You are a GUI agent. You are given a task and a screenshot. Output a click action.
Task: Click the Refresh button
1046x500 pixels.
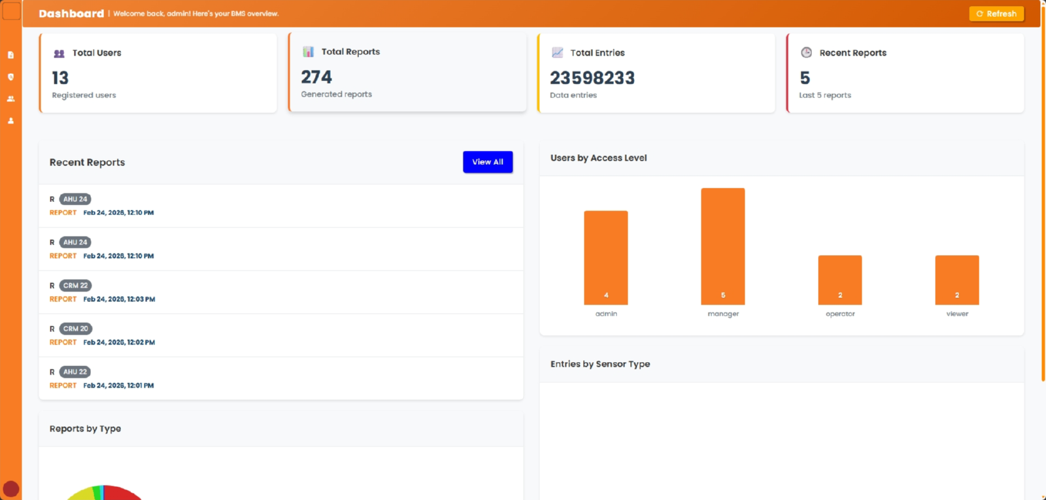click(x=996, y=14)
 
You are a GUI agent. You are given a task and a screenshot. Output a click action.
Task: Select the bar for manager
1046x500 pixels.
click(x=723, y=246)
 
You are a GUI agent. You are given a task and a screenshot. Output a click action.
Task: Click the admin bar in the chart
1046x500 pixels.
click(x=605, y=258)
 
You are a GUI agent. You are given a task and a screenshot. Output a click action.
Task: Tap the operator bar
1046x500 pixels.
click(x=839, y=280)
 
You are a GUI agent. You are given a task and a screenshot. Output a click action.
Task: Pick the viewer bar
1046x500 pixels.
click(x=957, y=280)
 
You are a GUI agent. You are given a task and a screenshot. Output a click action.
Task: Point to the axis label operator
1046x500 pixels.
click(x=840, y=314)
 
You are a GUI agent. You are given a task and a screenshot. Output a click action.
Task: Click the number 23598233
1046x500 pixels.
click(x=592, y=78)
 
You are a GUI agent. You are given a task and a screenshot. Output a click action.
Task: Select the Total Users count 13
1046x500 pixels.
click(x=60, y=78)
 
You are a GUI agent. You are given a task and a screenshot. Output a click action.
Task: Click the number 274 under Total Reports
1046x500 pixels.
click(x=316, y=77)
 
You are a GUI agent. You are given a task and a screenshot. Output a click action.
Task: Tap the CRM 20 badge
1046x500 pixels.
click(x=76, y=329)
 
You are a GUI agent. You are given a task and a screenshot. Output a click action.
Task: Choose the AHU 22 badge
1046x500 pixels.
click(x=75, y=372)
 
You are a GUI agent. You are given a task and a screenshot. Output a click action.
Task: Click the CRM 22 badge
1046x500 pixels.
click(x=76, y=285)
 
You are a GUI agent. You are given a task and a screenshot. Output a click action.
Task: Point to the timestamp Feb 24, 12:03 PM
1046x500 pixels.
click(x=119, y=299)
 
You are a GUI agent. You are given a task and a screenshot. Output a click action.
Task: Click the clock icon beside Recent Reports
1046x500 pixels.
click(x=807, y=52)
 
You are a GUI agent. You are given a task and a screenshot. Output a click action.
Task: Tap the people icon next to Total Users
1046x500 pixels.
click(x=59, y=53)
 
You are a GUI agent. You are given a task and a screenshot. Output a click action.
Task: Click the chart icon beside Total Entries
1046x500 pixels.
click(x=558, y=52)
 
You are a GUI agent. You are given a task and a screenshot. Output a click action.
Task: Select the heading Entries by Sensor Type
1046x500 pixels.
click(x=600, y=364)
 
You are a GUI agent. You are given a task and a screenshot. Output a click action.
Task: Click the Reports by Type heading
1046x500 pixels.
click(x=85, y=429)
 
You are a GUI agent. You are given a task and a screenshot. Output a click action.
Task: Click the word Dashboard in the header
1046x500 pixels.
click(x=71, y=14)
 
